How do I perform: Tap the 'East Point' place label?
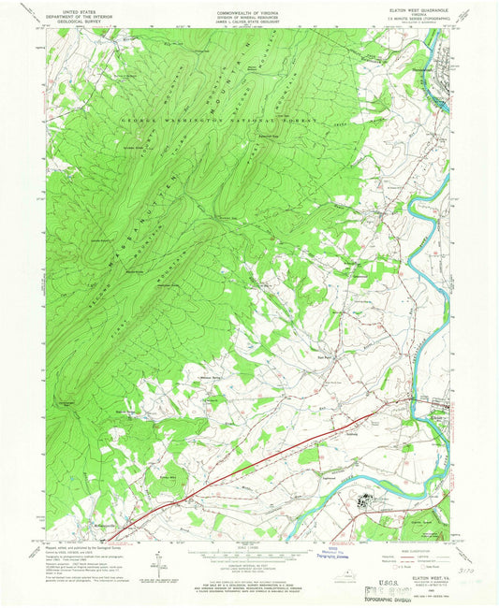coord(325,356)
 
